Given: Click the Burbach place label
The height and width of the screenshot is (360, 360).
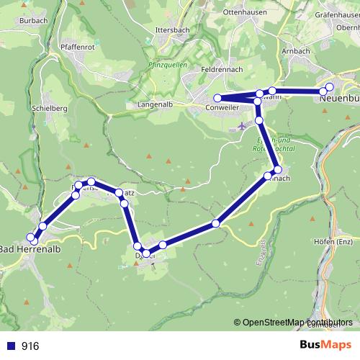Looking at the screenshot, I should (34, 21).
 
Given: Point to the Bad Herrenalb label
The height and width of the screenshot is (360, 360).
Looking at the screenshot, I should (29, 249).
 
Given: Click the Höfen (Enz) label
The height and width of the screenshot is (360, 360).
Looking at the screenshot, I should (333, 241).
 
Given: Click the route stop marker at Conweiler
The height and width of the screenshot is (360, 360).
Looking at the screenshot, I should (217, 99).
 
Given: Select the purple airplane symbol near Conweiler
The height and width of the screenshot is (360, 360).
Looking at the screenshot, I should (241, 126).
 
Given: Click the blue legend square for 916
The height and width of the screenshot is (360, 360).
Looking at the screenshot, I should (10, 346).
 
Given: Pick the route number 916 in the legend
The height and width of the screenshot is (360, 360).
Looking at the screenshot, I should (30, 346).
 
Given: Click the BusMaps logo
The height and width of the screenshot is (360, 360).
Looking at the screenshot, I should (325, 346).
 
